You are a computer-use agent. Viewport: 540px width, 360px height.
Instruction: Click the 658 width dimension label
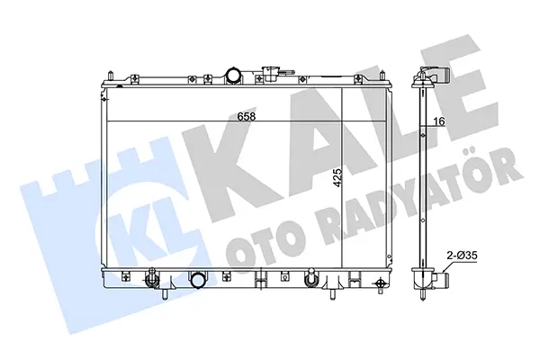click(x=247, y=116)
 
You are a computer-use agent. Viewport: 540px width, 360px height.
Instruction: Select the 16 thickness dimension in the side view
click(x=439, y=121)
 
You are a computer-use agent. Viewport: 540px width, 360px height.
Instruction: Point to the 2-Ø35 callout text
click(x=462, y=256)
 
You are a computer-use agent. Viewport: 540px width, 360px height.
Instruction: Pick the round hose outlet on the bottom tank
click(x=199, y=281)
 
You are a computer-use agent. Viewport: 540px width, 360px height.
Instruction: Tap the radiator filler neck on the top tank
click(x=270, y=74)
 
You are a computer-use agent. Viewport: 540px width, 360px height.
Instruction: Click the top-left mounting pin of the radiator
click(x=110, y=76)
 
